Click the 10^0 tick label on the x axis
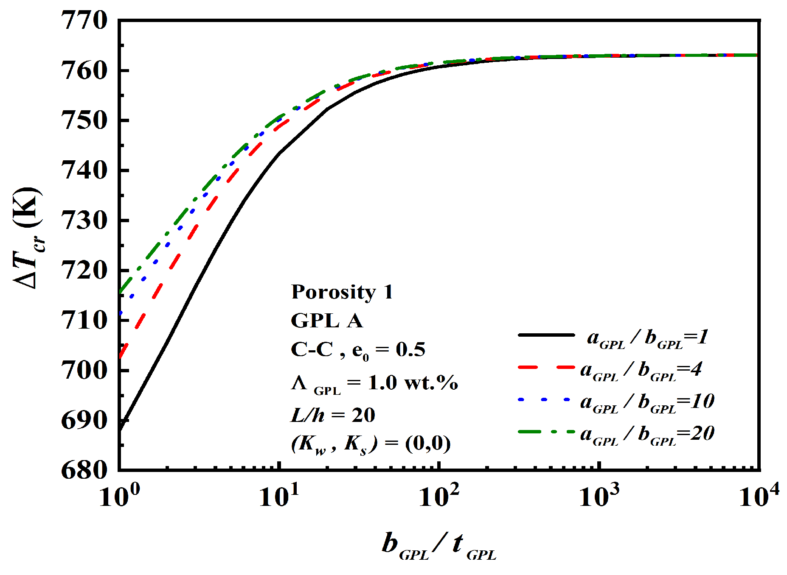[119, 495]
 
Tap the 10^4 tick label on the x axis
[759, 495]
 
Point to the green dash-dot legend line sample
[546, 432]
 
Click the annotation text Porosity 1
[342, 292]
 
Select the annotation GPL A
[327, 321]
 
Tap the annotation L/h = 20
[333, 415]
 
